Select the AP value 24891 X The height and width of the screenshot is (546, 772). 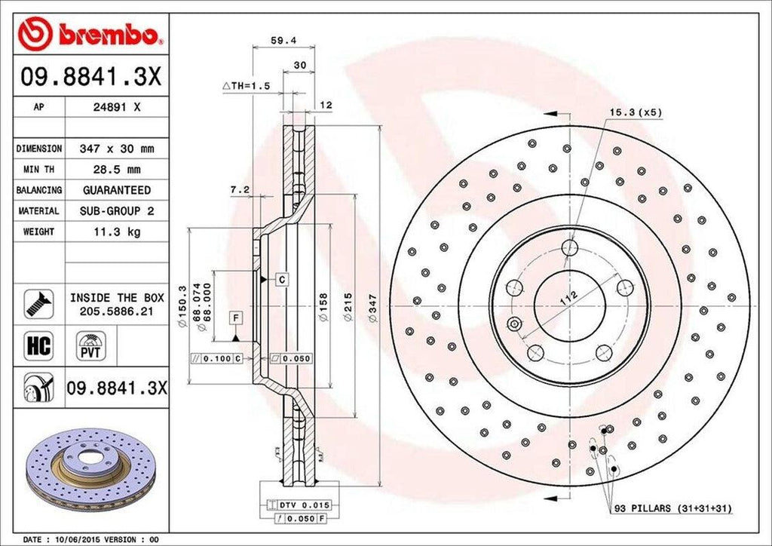pos(115,107)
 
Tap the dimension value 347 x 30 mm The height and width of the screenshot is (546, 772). pos(116,149)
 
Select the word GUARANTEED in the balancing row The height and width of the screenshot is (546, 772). pos(116,190)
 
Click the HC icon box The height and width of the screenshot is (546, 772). pos(38,346)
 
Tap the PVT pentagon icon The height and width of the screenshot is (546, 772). pos(89,348)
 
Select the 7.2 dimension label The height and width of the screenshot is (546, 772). pos(240,190)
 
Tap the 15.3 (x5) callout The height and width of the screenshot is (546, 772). pos(636,112)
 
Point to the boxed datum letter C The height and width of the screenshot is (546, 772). pos(281,280)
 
